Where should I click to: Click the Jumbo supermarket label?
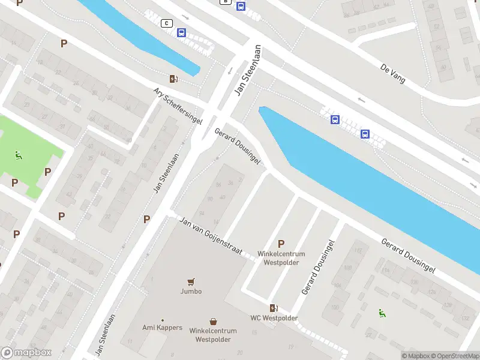[x=191, y=292]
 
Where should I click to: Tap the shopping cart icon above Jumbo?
[x=191, y=281]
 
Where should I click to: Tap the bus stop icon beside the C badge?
[x=181, y=33]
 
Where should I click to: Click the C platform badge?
[x=167, y=23]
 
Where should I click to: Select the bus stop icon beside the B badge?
[x=241, y=7]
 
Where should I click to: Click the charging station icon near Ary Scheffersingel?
[x=173, y=79]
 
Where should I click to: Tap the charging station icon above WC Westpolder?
[x=274, y=308]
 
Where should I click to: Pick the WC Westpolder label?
[x=274, y=318]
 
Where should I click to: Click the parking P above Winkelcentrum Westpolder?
[x=281, y=244]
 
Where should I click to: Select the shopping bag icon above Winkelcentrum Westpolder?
[x=213, y=322]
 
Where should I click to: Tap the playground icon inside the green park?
[x=19, y=156]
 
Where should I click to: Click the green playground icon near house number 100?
[x=382, y=313]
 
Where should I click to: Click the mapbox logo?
[x=26, y=353]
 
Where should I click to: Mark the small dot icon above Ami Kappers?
[x=162, y=320]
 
